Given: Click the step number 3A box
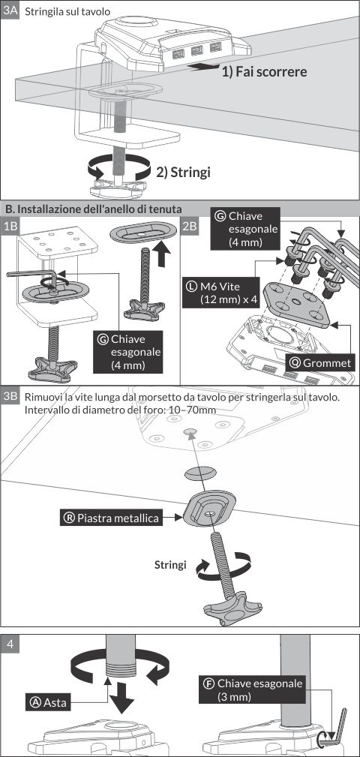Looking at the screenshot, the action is point(10,11).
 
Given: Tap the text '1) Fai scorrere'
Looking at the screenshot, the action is point(264,72).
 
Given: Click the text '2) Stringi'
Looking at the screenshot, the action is point(184,172).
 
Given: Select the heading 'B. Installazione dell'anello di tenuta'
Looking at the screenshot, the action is point(93,209).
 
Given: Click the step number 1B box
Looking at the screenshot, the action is point(10,226).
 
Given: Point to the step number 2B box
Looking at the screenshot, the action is point(190,226).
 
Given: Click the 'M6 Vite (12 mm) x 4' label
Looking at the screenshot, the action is point(221,293).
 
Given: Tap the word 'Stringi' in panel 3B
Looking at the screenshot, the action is point(170,564).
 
